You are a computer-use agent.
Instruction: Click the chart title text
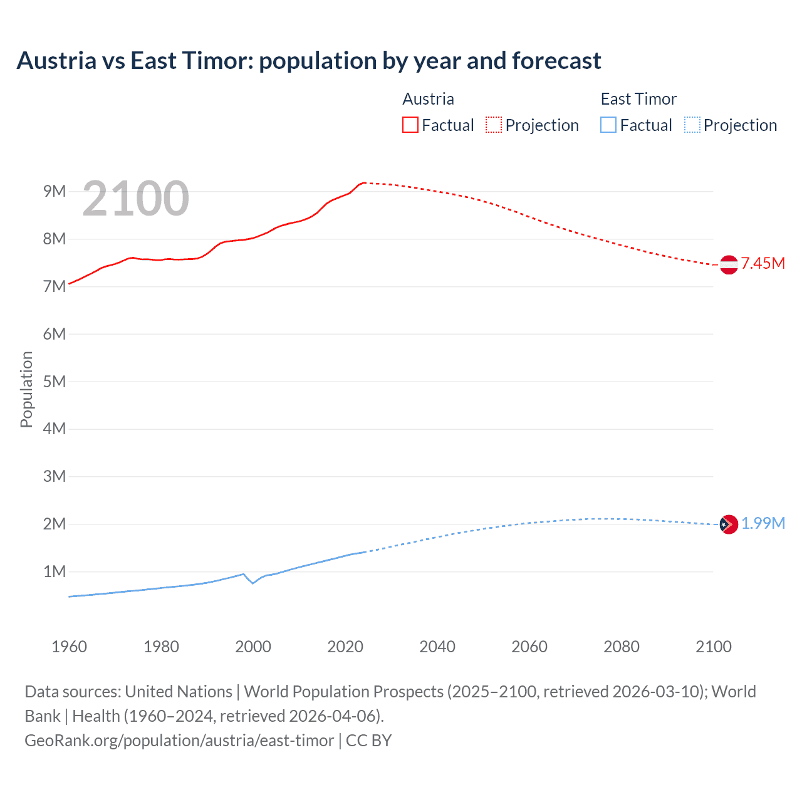(309, 61)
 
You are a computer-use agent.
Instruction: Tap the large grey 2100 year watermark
(135, 199)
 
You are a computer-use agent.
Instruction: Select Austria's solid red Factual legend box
(410, 125)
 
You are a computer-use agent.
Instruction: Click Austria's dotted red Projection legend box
(494, 125)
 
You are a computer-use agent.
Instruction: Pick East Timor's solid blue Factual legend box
(608, 125)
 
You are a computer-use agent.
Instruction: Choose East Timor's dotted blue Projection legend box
(692, 125)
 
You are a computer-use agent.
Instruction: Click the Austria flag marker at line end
(729, 264)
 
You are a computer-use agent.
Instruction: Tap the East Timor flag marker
(729, 524)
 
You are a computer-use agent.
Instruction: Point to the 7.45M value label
(763, 264)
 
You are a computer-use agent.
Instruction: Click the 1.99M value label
(763, 524)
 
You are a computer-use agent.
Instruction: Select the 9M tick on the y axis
(55, 192)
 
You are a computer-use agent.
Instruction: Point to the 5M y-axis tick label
(55, 382)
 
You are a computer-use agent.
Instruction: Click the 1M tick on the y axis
(55, 571)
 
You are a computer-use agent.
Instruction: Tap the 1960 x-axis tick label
(69, 647)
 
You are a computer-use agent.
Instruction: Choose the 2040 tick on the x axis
(437, 647)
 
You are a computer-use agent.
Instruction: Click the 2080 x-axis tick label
(622, 647)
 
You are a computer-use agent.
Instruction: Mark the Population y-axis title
(26, 390)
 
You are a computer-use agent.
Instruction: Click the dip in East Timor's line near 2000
(253, 583)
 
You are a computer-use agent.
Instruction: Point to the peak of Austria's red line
(364, 183)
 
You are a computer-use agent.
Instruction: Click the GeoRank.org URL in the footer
(179, 741)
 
